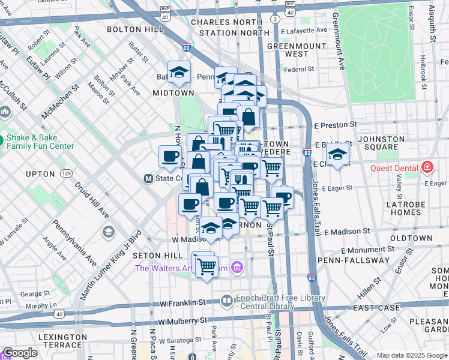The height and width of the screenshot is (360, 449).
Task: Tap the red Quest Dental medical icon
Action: [x=427, y=167]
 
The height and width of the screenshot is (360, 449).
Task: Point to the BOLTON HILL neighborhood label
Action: [x=131, y=29]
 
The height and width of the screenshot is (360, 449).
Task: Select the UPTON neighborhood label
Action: [x=41, y=174]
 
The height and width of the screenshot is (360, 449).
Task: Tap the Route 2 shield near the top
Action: [x=275, y=19]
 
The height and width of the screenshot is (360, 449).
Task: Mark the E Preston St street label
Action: [x=335, y=125]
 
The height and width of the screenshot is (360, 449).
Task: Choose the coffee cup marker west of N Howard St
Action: [x=170, y=157]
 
